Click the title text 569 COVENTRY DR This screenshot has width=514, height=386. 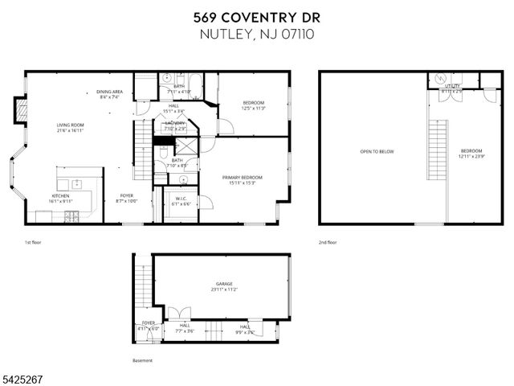(x=256, y=17)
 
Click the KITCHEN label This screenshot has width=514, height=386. (x=61, y=196)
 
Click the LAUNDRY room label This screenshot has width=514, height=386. (x=175, y=123)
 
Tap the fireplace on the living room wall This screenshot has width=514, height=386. (x=22, y=109)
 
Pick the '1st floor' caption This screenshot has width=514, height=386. (x=33, y=242)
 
